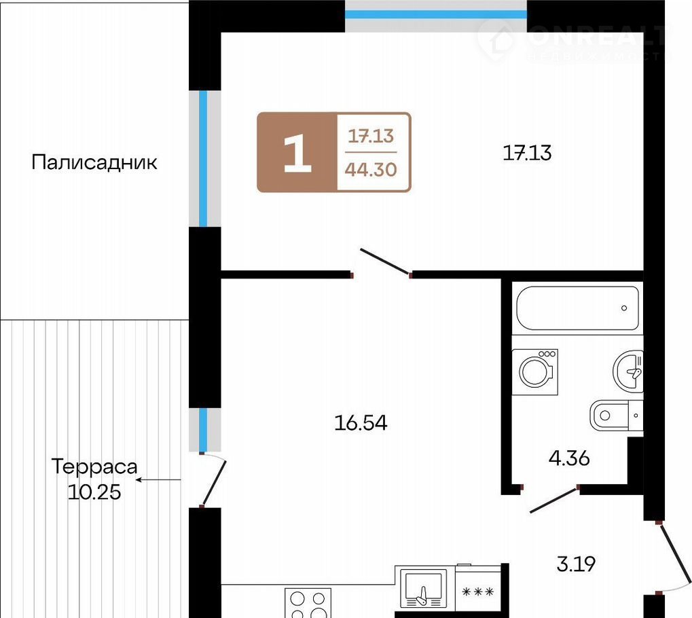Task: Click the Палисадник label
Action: click(94, 162)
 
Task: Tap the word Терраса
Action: click(94, 467)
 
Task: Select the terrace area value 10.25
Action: click(94, 492)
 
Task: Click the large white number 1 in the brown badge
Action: click(297, 153)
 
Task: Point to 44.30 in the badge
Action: click(371, 169)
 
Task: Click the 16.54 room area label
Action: click(361, 423)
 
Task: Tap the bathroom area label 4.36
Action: click(569, 458)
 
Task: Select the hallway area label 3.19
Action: click(576, 564)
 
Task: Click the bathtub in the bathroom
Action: click(577, 308)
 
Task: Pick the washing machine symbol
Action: click(535, 372)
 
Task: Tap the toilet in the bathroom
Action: click(616, 415)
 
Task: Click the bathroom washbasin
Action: click(628, 372)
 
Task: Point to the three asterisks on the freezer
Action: click(478, 592)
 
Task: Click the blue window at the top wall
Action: click(435, 14)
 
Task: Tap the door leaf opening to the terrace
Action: click(214, 484)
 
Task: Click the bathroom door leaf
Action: click(554, 500)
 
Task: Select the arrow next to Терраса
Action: click(158, 479)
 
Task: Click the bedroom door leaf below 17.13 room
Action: click(386, 262)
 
